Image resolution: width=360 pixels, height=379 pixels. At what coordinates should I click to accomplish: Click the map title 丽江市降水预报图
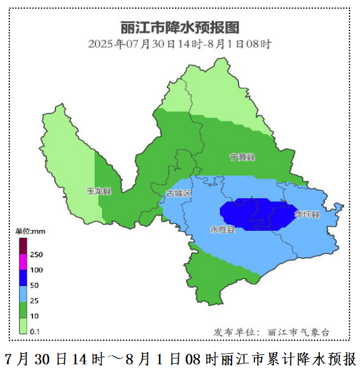point(180,28)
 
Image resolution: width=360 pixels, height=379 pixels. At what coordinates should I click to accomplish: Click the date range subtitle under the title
point(180,44)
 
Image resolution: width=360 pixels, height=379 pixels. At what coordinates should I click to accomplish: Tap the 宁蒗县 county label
point(242,157)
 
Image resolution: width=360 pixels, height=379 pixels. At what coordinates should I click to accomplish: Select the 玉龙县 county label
point(99,191)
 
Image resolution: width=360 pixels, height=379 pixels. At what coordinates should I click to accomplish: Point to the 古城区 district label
point(179,194)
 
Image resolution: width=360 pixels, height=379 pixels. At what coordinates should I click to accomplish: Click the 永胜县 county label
point(222,229)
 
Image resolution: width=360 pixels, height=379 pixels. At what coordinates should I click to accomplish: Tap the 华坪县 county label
point(307,214)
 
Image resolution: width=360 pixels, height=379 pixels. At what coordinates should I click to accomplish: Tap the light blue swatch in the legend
point(23,294)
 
